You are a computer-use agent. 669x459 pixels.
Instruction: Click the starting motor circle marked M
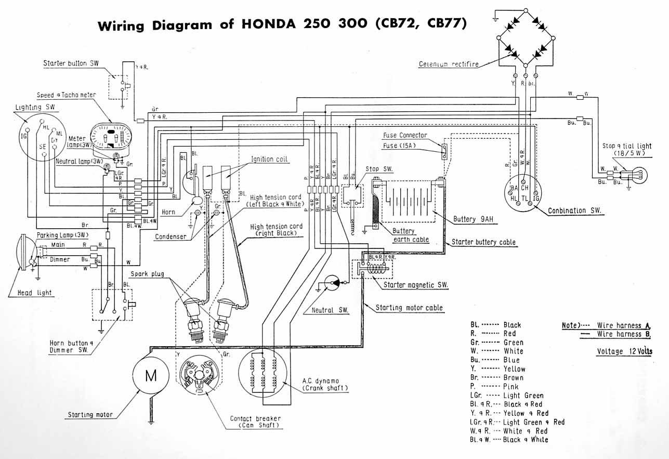(151, 376)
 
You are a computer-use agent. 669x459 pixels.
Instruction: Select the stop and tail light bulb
(639, 173)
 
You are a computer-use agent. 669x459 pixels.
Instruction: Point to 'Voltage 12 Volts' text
(624, 351)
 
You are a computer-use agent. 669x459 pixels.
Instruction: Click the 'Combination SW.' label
(574, 211)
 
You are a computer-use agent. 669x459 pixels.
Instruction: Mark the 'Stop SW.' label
(379, 169)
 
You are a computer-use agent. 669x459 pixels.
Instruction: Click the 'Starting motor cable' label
(409, 308)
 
